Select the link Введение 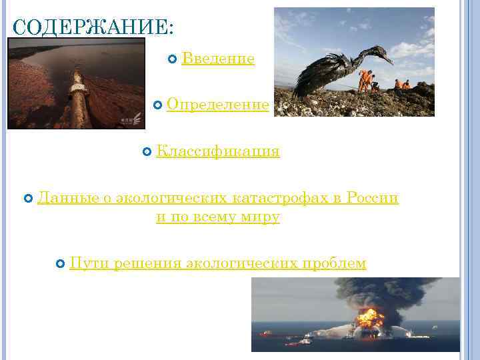point(217,59)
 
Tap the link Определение point(218,105)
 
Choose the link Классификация point(217,152)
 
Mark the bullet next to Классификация point(147,153)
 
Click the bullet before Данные point(28,199)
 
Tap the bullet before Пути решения point(61,264)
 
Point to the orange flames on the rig point(369,316)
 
